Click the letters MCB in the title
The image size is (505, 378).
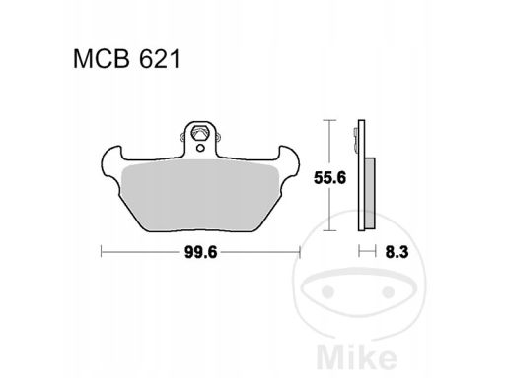click(x=103, y=59)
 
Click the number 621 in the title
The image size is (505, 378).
click(x=160, y=59)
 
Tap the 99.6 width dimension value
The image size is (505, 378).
click(x=200, y=252)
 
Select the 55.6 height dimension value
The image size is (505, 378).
click(x=329, y=178)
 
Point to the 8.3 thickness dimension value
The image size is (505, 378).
click(x=397, y=252)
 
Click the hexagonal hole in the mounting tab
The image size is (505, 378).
click(x=200, y=133)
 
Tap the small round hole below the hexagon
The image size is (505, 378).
click(x=200, y=148)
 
